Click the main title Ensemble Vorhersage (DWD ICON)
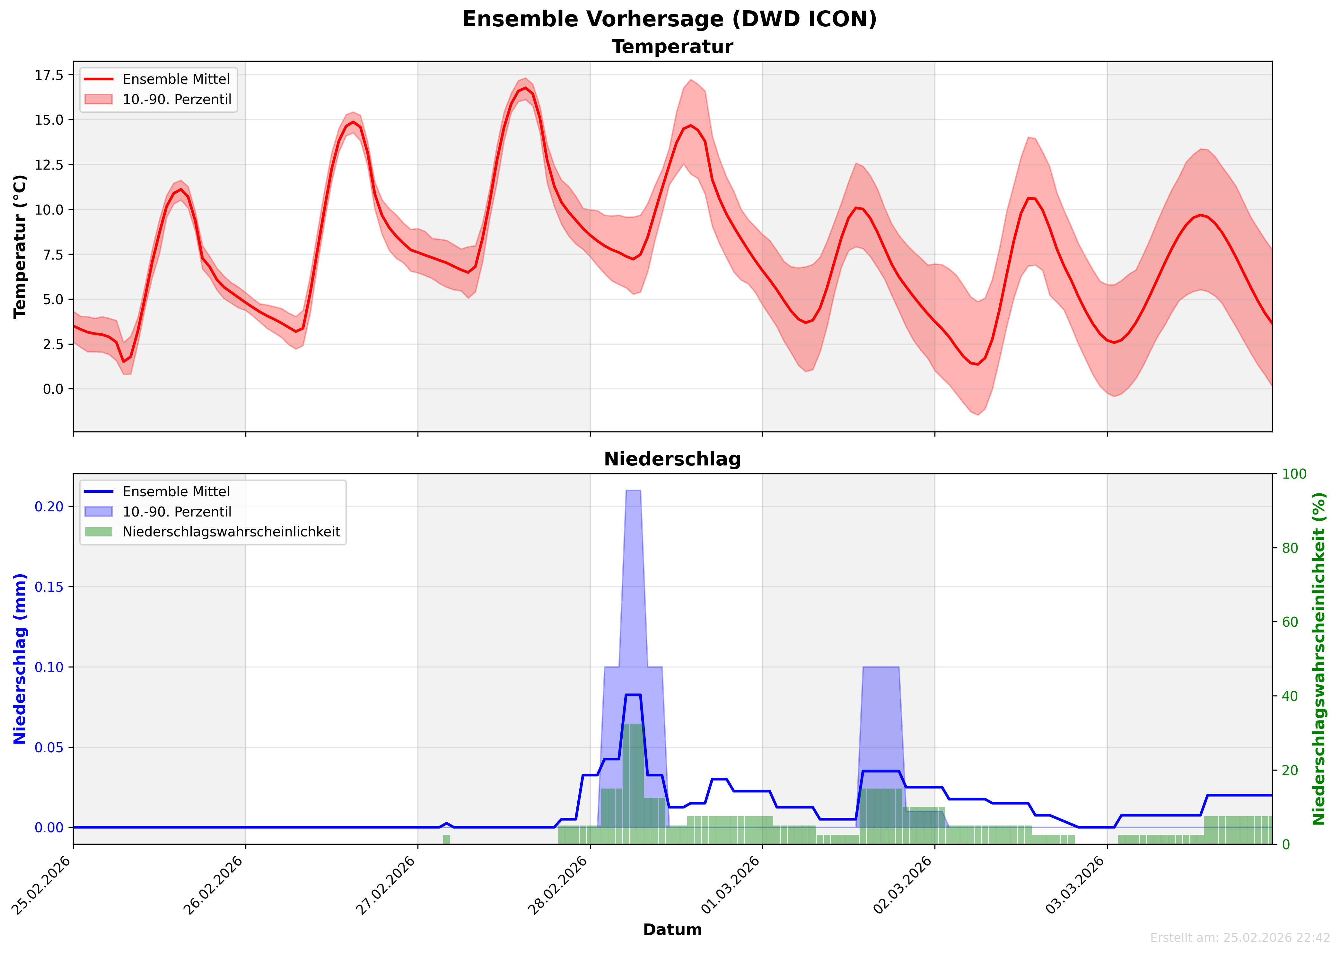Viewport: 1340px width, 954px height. pyautogui.click(x=670, y=19)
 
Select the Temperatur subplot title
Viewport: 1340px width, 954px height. pyautogui.click(x=672, y=47)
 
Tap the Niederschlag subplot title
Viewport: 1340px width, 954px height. pyautogui.click(x=672, y=459)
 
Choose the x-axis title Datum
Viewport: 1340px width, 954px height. pyautogui.click(x=672, y=930)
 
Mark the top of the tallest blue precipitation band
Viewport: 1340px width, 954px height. pyautogui.click(x=633, y=490)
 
